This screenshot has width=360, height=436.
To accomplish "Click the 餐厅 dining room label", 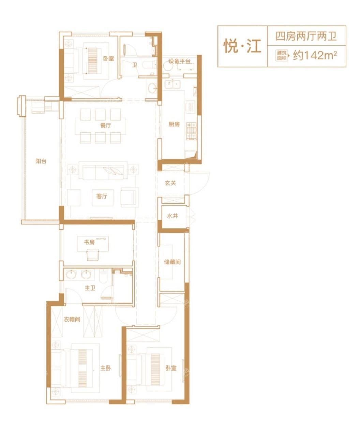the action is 106,125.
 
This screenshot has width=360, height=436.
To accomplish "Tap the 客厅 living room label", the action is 102,196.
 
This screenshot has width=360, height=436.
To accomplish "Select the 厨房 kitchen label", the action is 174,124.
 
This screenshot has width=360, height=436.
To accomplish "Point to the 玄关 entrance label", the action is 170,183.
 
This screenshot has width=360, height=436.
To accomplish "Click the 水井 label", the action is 172,216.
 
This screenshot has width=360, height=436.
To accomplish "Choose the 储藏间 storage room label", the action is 172,262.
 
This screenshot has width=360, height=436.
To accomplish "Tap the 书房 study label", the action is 89,242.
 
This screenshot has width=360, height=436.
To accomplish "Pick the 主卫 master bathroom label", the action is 90,288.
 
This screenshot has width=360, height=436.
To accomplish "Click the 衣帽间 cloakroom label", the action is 72,319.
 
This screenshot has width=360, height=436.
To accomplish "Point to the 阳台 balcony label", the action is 41,161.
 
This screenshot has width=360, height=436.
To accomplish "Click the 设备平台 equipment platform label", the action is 180,61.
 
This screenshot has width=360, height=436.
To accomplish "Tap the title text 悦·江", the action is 242,46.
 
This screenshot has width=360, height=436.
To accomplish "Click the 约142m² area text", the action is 315,56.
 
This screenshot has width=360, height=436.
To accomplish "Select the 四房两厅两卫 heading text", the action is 306,36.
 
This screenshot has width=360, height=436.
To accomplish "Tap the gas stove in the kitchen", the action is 192,131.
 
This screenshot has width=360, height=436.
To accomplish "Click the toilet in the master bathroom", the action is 103,276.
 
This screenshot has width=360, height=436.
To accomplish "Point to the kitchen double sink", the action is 173,84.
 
